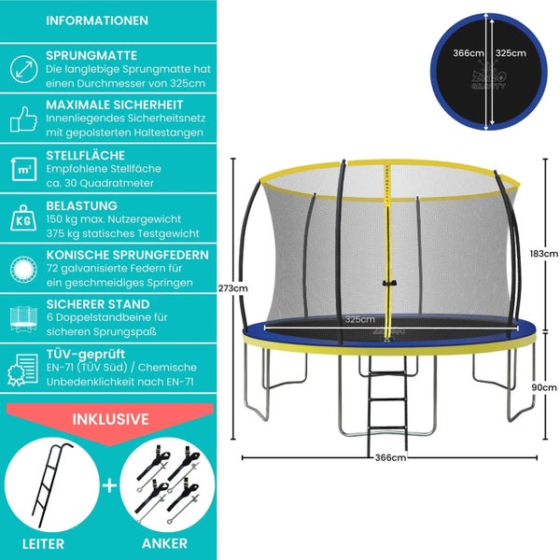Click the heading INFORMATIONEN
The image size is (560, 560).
pos(96,20)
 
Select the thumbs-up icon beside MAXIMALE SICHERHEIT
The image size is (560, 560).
pos(21,118)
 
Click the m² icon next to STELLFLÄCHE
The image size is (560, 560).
pos(21,168)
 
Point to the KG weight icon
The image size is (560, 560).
pos(21,220)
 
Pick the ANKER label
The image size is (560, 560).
pos(165,543)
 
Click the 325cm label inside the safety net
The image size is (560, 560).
pos(354,320)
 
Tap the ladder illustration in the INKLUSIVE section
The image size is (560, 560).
pos(47,485)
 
